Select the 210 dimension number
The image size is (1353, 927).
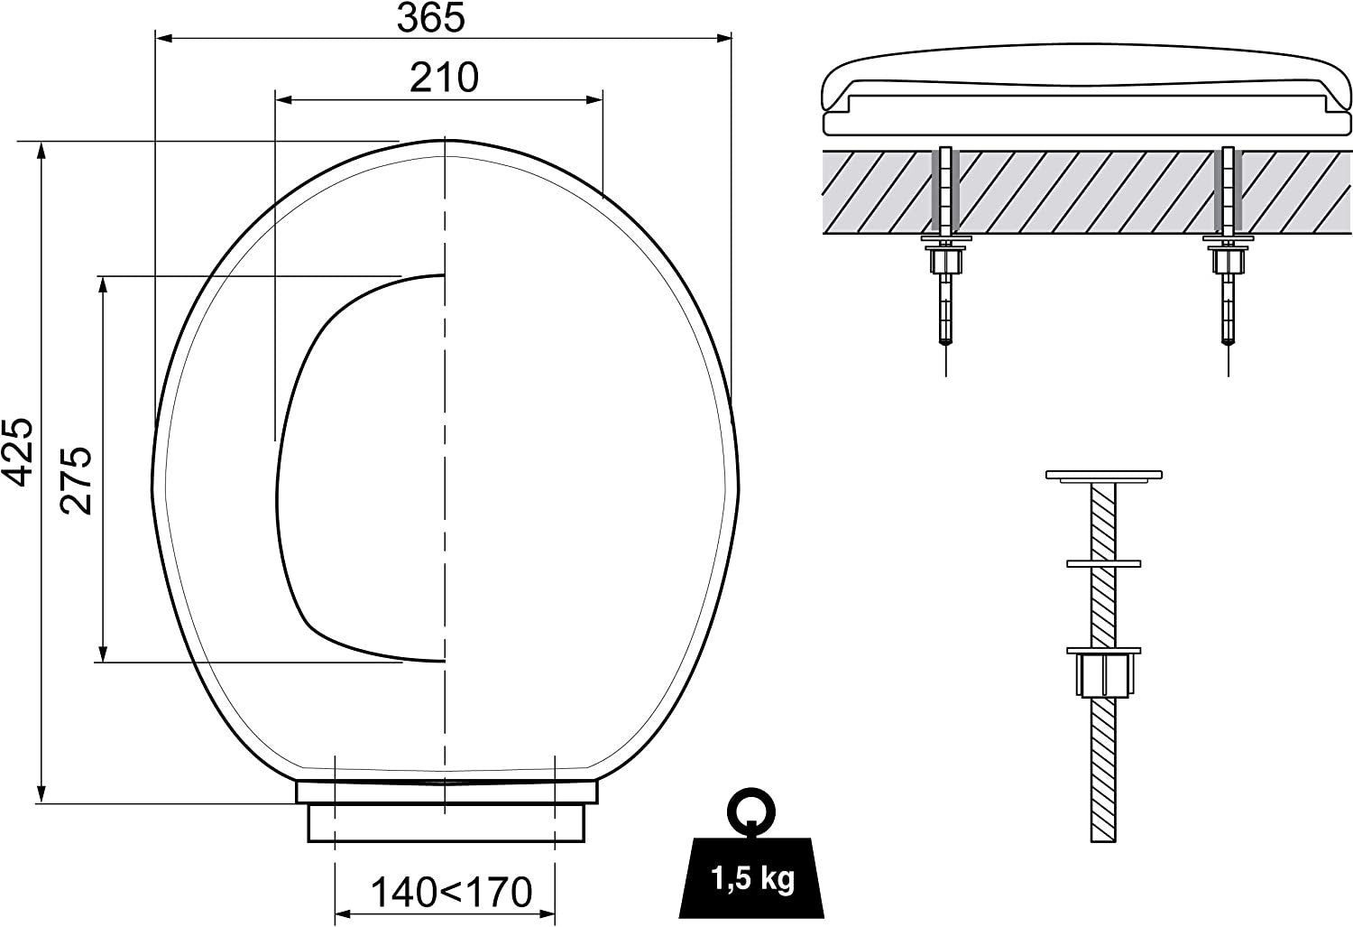[444, 78]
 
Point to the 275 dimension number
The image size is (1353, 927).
[78, 479]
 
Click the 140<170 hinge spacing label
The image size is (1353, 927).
[451, 893]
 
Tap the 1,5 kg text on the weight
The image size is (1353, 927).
[752, 878]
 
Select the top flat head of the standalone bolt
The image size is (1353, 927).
[1103, 475]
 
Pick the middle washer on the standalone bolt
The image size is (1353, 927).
[1103, 563]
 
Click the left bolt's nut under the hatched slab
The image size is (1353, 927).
[945, 261]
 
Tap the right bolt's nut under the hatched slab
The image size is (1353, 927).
[1228, 261]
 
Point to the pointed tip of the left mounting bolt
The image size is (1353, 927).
[945, 342]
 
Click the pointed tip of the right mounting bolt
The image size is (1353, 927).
[1228, 342]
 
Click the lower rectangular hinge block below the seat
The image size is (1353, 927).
[446, 822]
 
